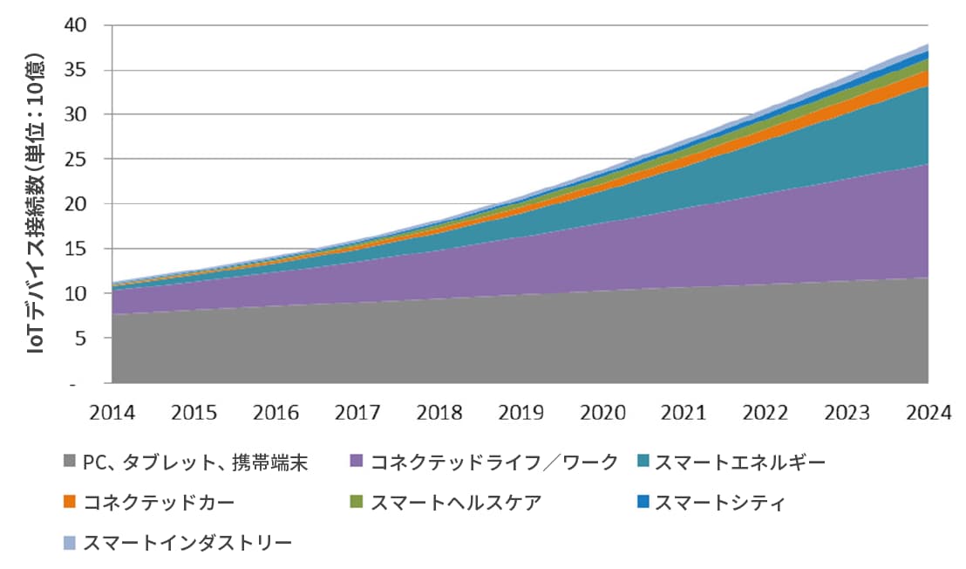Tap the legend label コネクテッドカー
pos(159,503)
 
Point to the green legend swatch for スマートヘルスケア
pos(356,503)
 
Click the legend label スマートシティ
pos(720,503)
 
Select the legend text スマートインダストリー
pos(187,543)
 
